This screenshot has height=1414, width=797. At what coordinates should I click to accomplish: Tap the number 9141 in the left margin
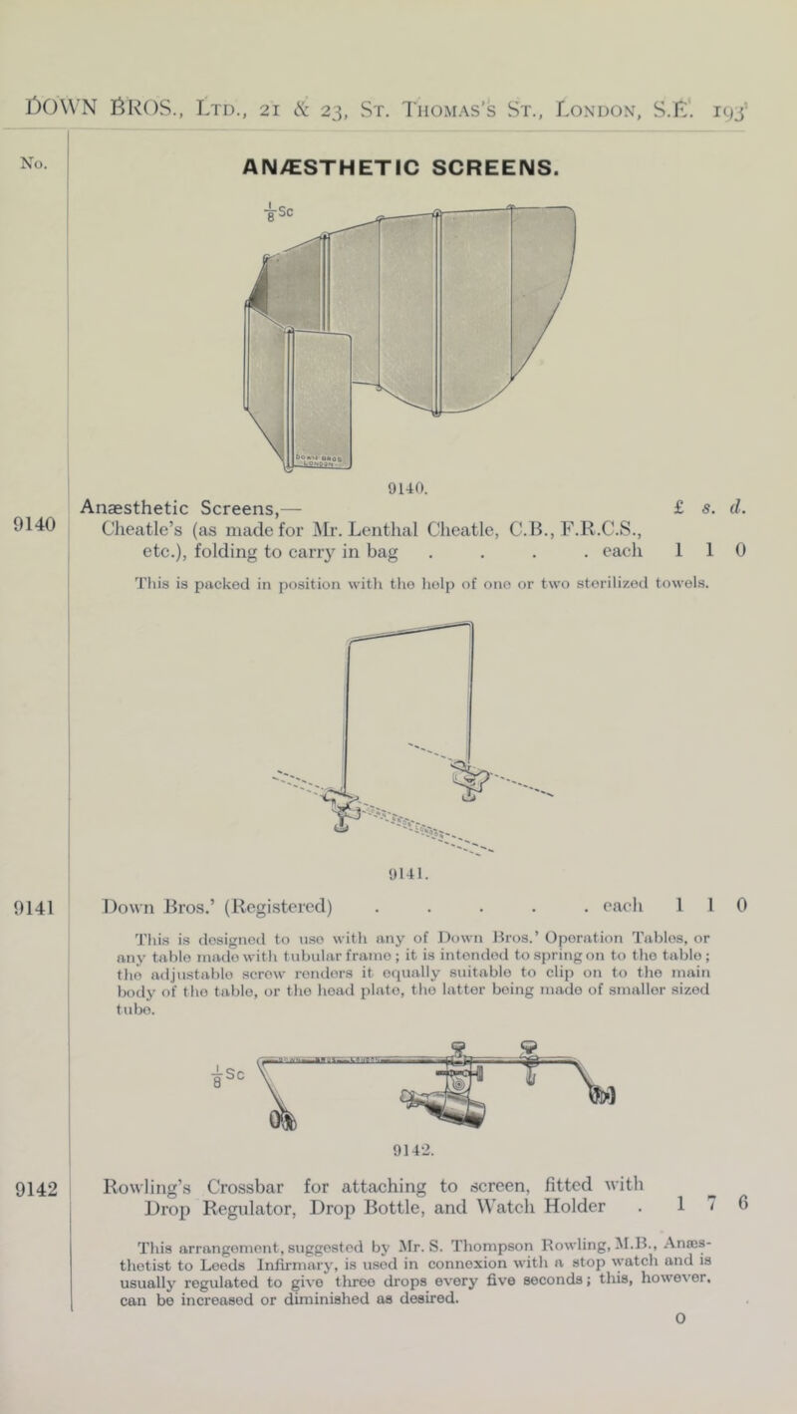(x=34, y=880)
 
